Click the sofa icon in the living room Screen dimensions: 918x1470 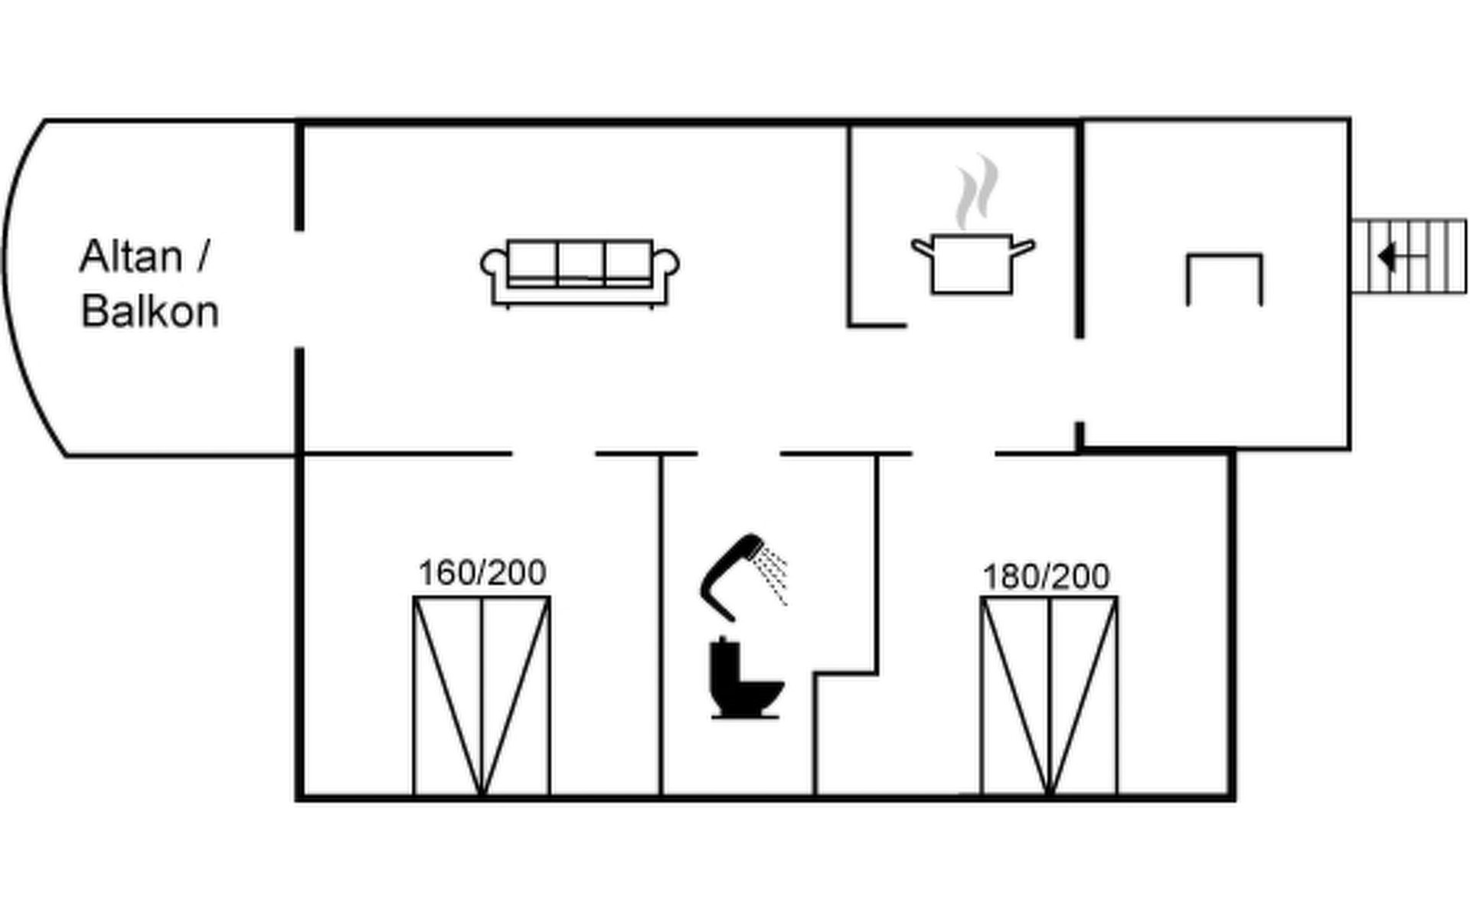pyautogui.click(x=580, y=272)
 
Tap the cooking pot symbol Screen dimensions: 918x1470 pyautogui.click(x=972, y=264)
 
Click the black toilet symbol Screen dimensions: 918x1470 pyautogui.click(x=743, y=679)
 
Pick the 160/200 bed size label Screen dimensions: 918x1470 pyautogui.click(x=482, y=573)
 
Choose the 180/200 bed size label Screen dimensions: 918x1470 pyautogui.click(x=1046, y=577)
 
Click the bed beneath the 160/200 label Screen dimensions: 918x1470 pyautogui.click(x=482, y=696)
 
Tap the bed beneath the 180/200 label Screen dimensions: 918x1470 pyautogui.click(x=1049, y=696)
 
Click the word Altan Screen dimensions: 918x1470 pyautogui.click(x=131, y=257)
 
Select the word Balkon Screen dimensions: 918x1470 pyautogui.click(x=150, y=312)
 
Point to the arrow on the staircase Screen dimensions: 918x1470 pyautogui.click(x=1387, y=256)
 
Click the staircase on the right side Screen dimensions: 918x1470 pyautogui.click(x=1409, y=256)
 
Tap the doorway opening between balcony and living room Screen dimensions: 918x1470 pyautogui.click(x=299, y=289)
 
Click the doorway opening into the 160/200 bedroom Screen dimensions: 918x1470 pyautogui.click(x=554, y=454)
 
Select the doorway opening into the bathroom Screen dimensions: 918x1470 pyautogui.click(x=739, y=454)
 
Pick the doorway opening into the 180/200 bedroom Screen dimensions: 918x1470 pyautogui.click(x=954, y=454)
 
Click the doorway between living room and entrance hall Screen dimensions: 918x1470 pyautogui.click(x=1080, y=379)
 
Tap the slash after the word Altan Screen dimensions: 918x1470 pyautogui.click(x=202, y=257)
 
